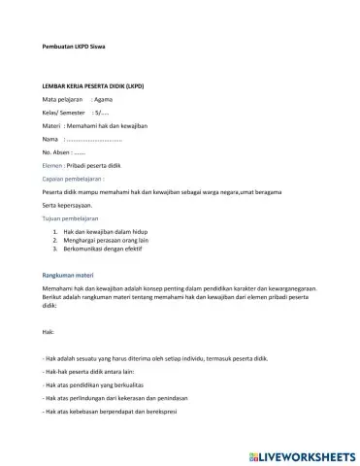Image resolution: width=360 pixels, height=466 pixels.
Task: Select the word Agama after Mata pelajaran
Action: point(105,100)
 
